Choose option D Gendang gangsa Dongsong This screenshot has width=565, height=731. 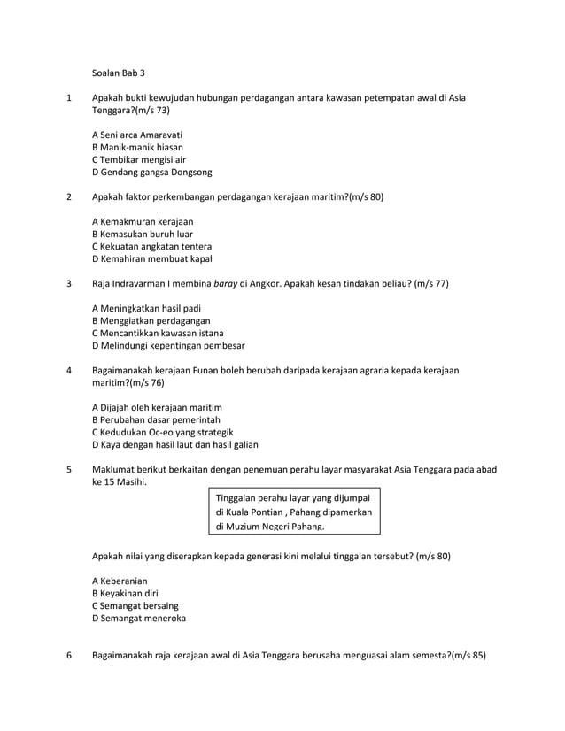(152, 172)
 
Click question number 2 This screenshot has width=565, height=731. (69, 196)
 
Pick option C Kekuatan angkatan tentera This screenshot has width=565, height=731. (152, 246)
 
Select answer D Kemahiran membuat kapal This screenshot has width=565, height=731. (152, 259)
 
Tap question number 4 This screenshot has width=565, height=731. (69, 370)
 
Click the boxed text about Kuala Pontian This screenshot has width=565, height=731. (294, 512)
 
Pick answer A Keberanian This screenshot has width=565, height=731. (120, 581)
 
